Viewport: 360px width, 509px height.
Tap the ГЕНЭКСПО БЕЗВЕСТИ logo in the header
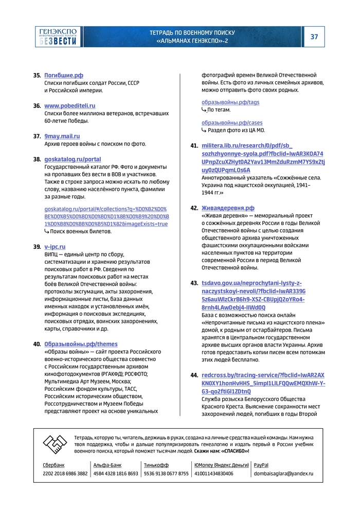tap(58, 37)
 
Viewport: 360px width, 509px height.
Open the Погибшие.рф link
tap(64, 75)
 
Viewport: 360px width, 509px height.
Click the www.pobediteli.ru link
tap(70, 105)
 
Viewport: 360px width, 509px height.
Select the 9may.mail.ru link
tap(62, 136)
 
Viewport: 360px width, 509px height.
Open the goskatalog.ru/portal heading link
tap(73, 159)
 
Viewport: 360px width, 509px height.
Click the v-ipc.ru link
tap(55, 247)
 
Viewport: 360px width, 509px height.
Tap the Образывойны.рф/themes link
tap(81, 344)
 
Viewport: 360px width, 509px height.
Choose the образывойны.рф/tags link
tap(230, 102)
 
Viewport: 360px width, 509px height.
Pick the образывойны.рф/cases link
tap(232, 123)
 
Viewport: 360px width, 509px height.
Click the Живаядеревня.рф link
tap(228, 208)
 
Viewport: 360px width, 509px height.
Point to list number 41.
tap(194, 146)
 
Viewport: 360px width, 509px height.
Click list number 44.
tap(194, 376)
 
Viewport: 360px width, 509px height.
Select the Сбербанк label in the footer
tap(53, 465)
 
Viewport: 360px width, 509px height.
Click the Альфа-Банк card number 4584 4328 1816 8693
tap(116, 474)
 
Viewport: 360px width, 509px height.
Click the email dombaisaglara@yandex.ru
tap(283, 474)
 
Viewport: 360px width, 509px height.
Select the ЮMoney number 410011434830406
tap(214, 474)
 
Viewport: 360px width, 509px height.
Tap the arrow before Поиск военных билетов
tap(47, 231)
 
